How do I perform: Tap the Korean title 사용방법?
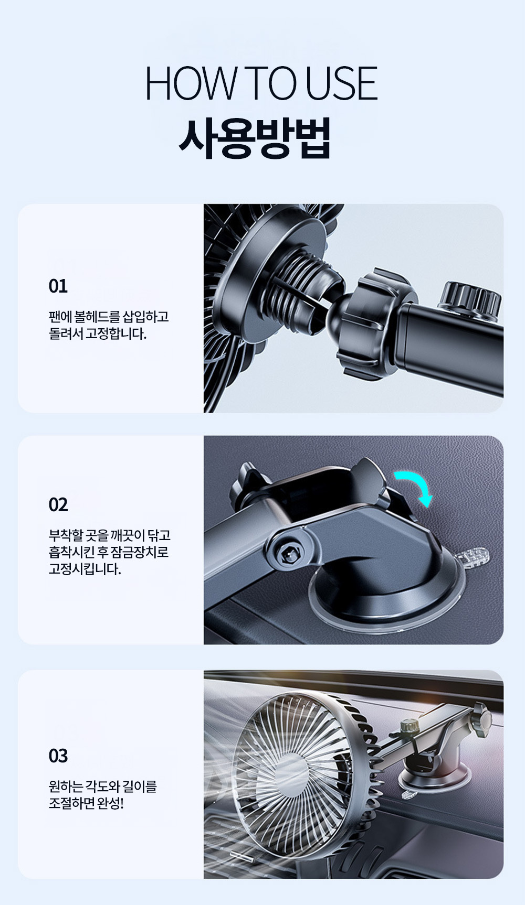tap(255, 138)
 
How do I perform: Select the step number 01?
tap(58, 286)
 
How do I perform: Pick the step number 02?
tap(58, 505)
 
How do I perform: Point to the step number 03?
tap(58, 756)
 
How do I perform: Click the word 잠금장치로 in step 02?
tap(139, 552)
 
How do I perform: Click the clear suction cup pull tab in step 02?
tap(475, 555)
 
